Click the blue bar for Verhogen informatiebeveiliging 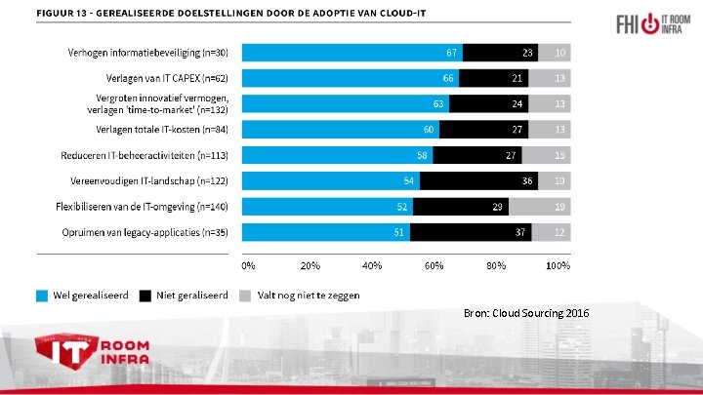pos(351,53)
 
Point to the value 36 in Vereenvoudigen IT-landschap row pos(527,180)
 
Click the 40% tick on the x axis pos(372,265)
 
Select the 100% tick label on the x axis pos(558,265)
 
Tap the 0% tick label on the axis pos(248,265)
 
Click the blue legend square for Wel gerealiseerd pos(43,295)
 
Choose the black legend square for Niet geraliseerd pos(145,295)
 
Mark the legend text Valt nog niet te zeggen pos(308,295)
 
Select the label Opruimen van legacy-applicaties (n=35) pos(143,232)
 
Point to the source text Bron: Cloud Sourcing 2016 pos(527,312)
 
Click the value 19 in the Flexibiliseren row pos(559,206)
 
